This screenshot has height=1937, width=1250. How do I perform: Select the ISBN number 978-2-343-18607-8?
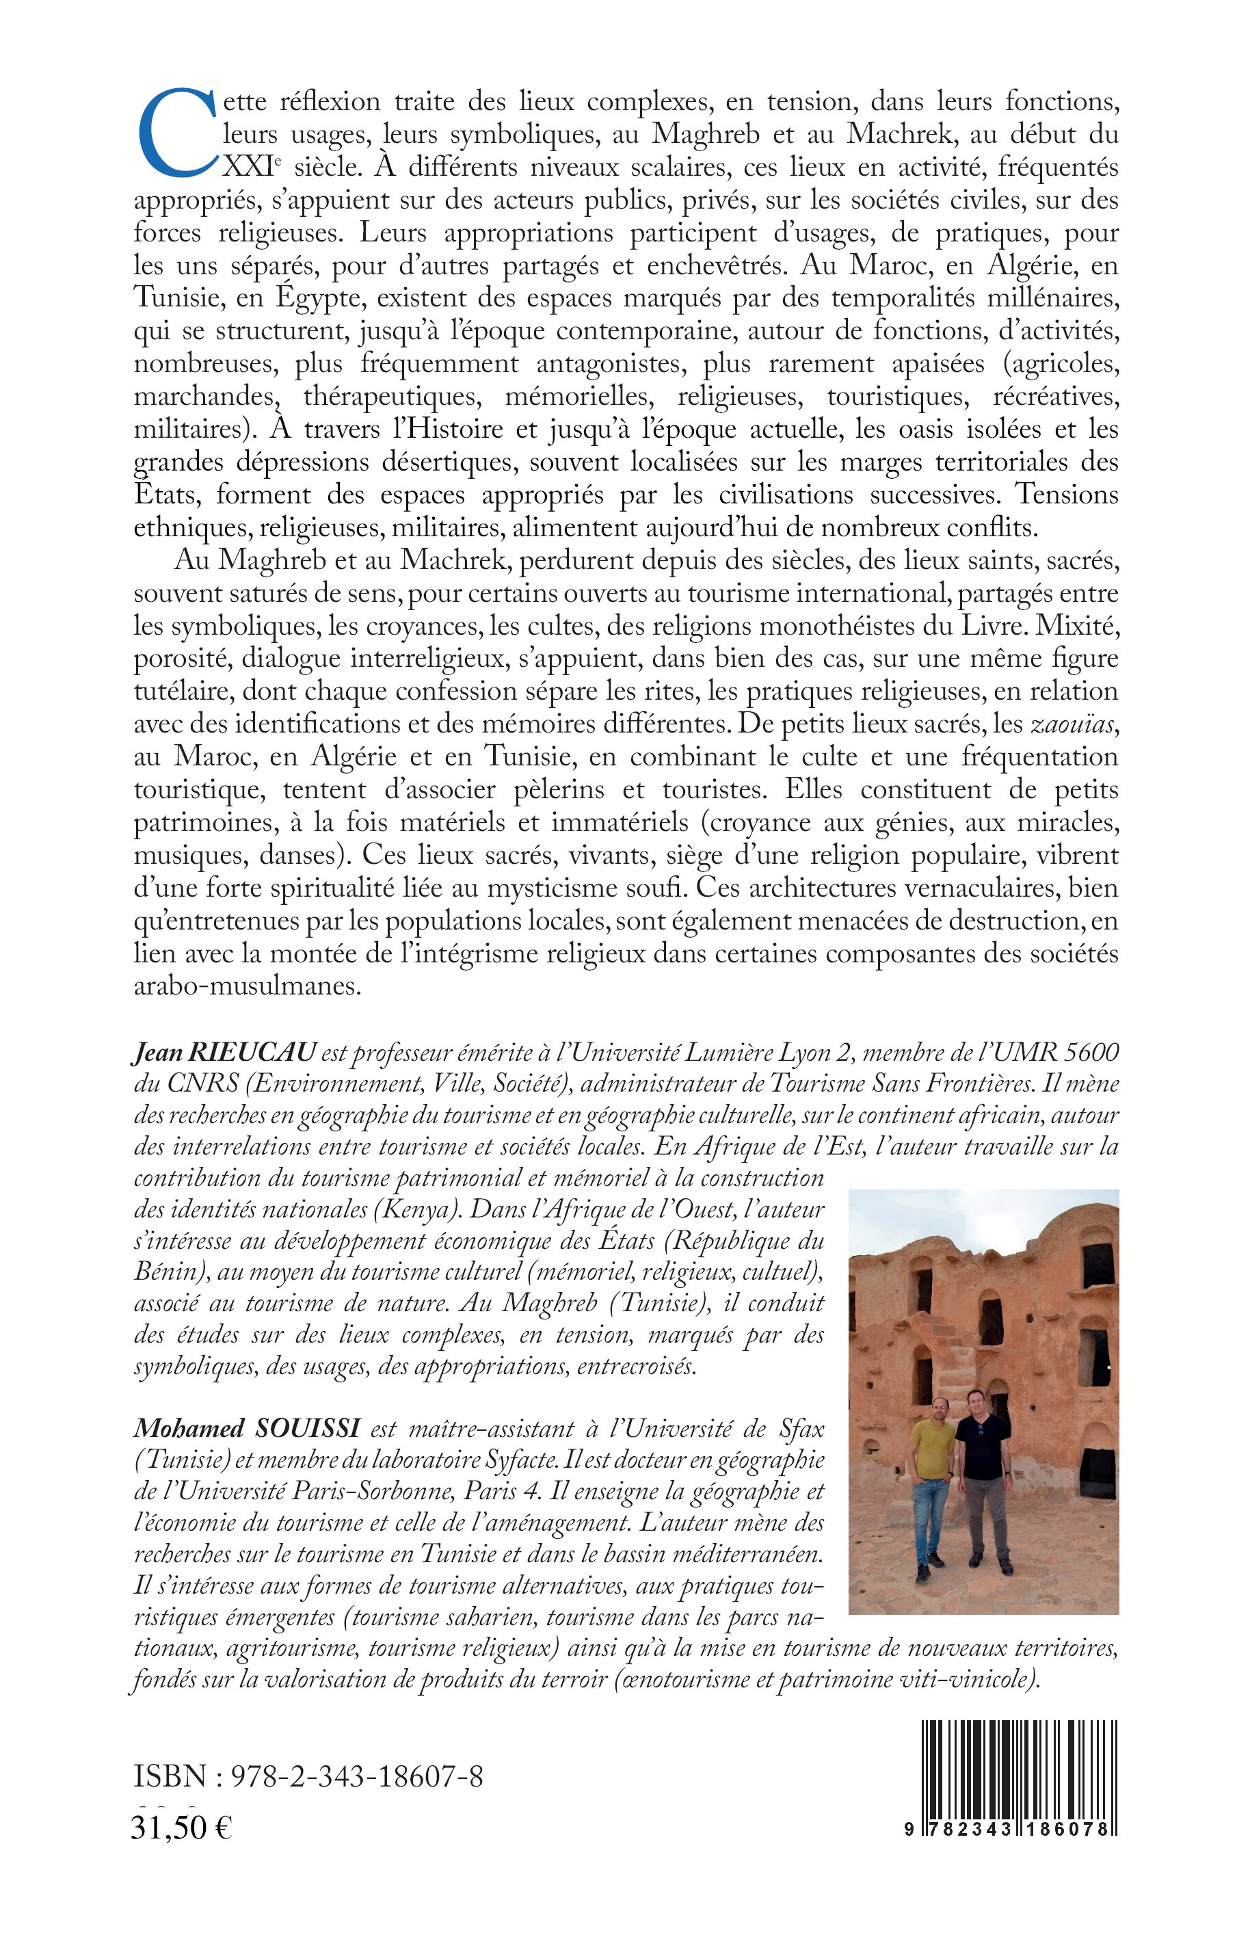[x=357, y=1777]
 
